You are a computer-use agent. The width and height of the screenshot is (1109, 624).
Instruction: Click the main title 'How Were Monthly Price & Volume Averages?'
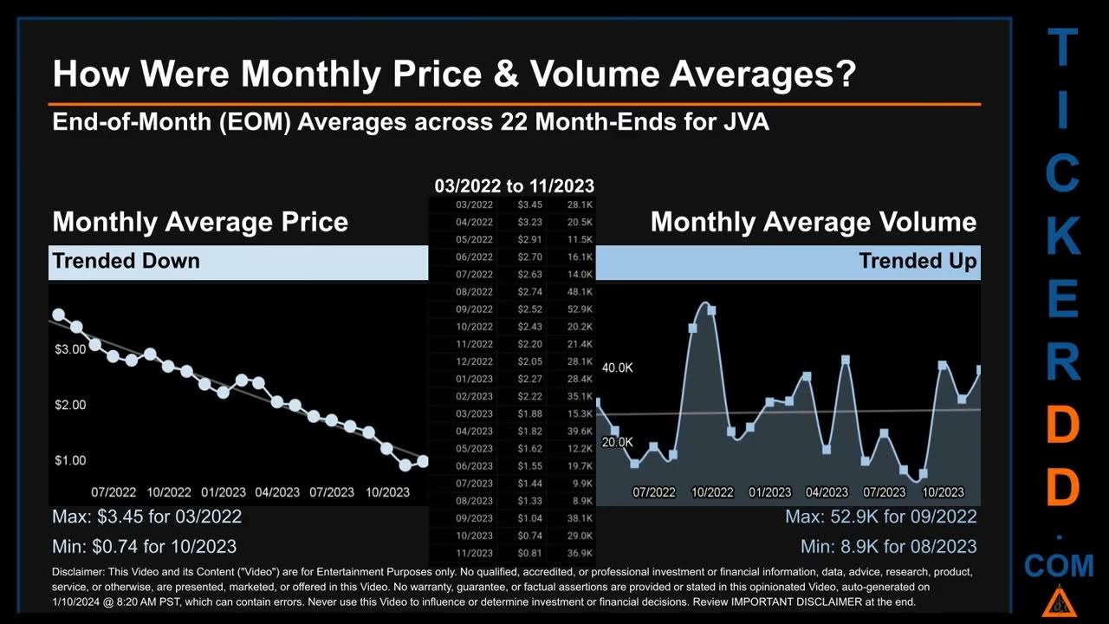454,75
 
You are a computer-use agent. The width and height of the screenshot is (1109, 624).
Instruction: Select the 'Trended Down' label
126,261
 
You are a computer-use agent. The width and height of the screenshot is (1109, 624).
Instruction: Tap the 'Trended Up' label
918,261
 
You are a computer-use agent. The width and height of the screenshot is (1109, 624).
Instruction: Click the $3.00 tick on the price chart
70,349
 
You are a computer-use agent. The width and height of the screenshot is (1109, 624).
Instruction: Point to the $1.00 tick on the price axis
70,460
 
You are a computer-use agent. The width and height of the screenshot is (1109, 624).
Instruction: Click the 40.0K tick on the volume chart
618,368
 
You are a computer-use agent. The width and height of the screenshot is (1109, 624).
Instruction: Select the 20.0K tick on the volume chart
618,442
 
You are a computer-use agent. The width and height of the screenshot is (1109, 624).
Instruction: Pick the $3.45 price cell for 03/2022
529,205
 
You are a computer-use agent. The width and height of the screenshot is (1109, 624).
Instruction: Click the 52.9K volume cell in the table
580,309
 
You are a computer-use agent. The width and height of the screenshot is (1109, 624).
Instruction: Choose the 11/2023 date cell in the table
474,553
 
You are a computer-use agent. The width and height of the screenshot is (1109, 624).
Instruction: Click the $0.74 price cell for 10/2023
529,536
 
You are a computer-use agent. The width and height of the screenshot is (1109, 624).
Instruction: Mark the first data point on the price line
58,315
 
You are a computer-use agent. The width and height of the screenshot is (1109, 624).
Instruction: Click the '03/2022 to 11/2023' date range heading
514,185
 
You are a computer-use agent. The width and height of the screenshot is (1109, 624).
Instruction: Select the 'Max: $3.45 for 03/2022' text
146,517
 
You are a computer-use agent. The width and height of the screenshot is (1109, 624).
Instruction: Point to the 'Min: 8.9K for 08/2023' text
888,547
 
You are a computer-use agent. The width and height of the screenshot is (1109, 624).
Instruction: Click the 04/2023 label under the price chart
276,492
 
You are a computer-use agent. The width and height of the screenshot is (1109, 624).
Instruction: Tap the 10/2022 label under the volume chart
711,492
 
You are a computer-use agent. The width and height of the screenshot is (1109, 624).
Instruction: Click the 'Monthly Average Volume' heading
813,222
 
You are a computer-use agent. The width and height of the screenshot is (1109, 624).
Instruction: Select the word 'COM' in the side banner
1059,567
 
